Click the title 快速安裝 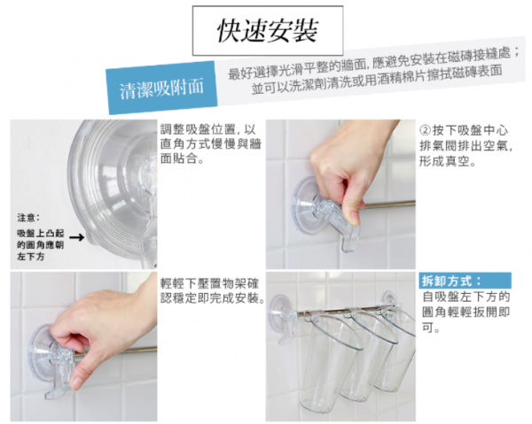click(268, 30)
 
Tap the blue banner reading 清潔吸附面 click(162, 88)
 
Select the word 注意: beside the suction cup click(28, 218)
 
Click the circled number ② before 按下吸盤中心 click(425, 130)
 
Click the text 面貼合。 click(182, 158)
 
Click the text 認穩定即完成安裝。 click(213, 298)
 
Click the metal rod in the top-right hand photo click(387, 204)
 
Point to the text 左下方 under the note click(30, 257)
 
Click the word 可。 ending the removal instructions click(431, 328)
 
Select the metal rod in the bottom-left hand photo click(116, 351)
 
